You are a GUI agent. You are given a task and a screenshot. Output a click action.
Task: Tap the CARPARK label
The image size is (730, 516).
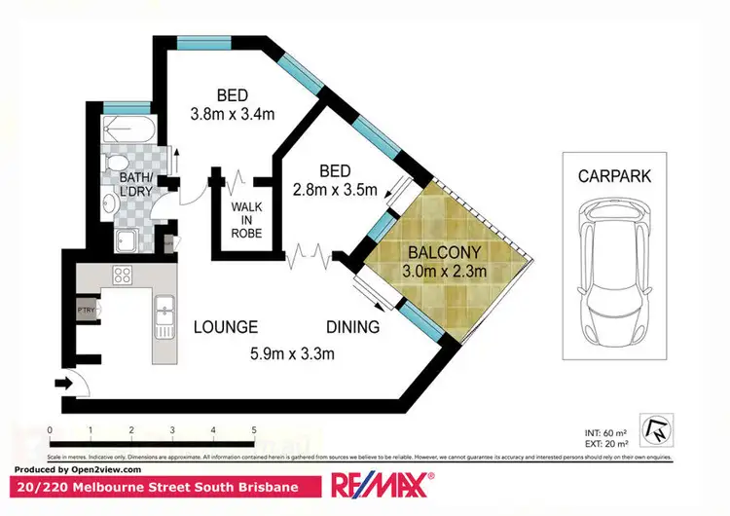pyautogui.click(x=614, y=177)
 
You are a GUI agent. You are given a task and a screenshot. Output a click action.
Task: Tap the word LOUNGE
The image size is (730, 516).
pyautogui.click(x=225, y=327)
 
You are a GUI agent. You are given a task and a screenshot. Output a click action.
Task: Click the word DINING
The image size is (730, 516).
pyautogui.click(x=353, y=327)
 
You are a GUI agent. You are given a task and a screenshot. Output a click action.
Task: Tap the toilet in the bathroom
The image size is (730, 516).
pyautogui.click(x=116, y=162)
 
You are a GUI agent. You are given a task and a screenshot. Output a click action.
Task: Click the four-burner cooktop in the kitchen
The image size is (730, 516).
pyautogui.click(x=123, y=276)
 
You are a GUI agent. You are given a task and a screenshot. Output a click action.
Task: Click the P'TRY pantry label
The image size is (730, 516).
pyautogui.click(x=87, y=311)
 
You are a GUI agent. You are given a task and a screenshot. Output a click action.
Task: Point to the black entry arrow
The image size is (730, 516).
pyautogui.click(x=65, y=385)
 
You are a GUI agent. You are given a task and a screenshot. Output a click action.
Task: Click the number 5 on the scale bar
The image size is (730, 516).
pyautogui.click(x=254, y=429)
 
